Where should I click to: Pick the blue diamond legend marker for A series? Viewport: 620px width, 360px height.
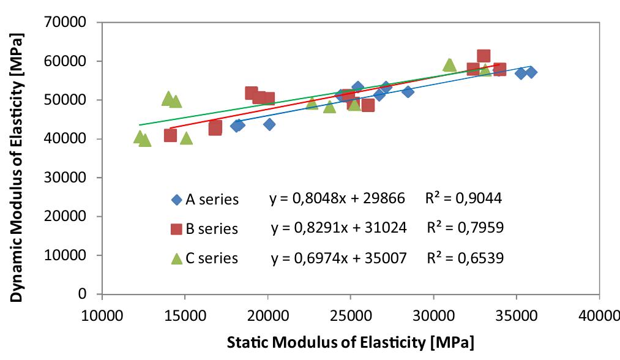click(x=176, y=199)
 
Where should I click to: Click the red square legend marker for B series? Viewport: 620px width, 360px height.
click(x=176, y=228)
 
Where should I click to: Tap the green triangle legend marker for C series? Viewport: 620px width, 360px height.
click(x=176, y=258)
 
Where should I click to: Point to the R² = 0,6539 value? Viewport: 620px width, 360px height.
click(x=465, y=258)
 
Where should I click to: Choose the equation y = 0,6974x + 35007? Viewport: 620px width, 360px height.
click(x=338, y=258)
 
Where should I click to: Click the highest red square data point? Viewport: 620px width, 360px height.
click(x=484, y=56)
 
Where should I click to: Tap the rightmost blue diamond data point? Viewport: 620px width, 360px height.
click(x=531, y=72)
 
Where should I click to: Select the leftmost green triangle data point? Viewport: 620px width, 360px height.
click(x=140, y=137)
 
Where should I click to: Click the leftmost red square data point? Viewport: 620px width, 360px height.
click(x=170, y=135)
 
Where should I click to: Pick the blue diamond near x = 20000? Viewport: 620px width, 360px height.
click(x=269, y=124)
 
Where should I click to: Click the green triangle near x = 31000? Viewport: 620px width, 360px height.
click(x=450, y=65)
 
